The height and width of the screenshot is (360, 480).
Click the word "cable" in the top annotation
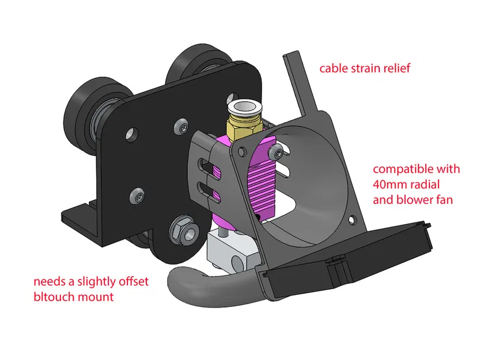(x=332, y=69)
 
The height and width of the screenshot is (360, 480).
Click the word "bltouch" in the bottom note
(x=51, y=297)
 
